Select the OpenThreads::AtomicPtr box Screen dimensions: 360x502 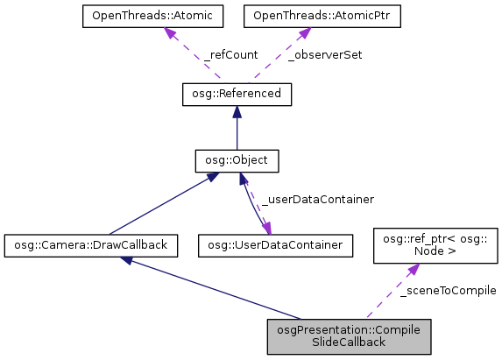pyautogui.click(x=321, y=17)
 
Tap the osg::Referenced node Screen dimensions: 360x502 pyautogui.click(x=236, y=94)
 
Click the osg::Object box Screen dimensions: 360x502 pyautogui.click(x=236, y=161)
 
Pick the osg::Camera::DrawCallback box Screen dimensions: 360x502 pyautogui.click(x=90, y=245)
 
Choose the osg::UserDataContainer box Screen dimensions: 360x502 pyautogui.click(x=276, y=245)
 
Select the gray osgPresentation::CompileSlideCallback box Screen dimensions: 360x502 pyautogui.click(x=350, y=336)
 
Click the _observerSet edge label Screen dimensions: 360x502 pyautogui.click(x=324, y=54)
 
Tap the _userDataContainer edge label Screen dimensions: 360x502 pyautogui.click(x=305, y=199)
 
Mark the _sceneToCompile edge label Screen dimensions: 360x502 pyautogui.click(x=448, y=290)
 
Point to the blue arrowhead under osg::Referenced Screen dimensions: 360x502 pyautogui.click(x=236, y=111)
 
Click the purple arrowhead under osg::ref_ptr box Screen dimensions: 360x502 pyautogui.click(x=408, y=271)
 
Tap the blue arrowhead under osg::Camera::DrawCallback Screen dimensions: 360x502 pyautogui.click(x=128, y=262)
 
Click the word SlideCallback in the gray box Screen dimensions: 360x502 pyautogui.click(x=350, y=342)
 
